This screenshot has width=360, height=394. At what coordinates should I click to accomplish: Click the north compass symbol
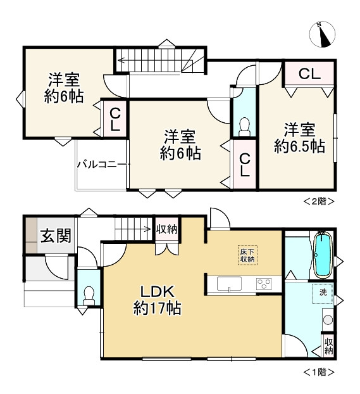click(x=323, y=34)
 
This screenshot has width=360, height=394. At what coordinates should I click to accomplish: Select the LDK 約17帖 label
click(x=158, y=300)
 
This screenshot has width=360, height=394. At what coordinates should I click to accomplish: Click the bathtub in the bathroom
click(x=322, y=255)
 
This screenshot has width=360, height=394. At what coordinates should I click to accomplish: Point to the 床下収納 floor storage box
click(x=247, y=255)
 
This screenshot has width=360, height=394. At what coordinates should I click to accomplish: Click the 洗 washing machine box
click(x=323, y=293)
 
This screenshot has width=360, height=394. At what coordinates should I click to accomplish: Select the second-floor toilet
click(x=244, y=126)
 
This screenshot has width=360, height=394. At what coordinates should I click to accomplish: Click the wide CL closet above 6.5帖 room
click(x=309, y=73)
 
